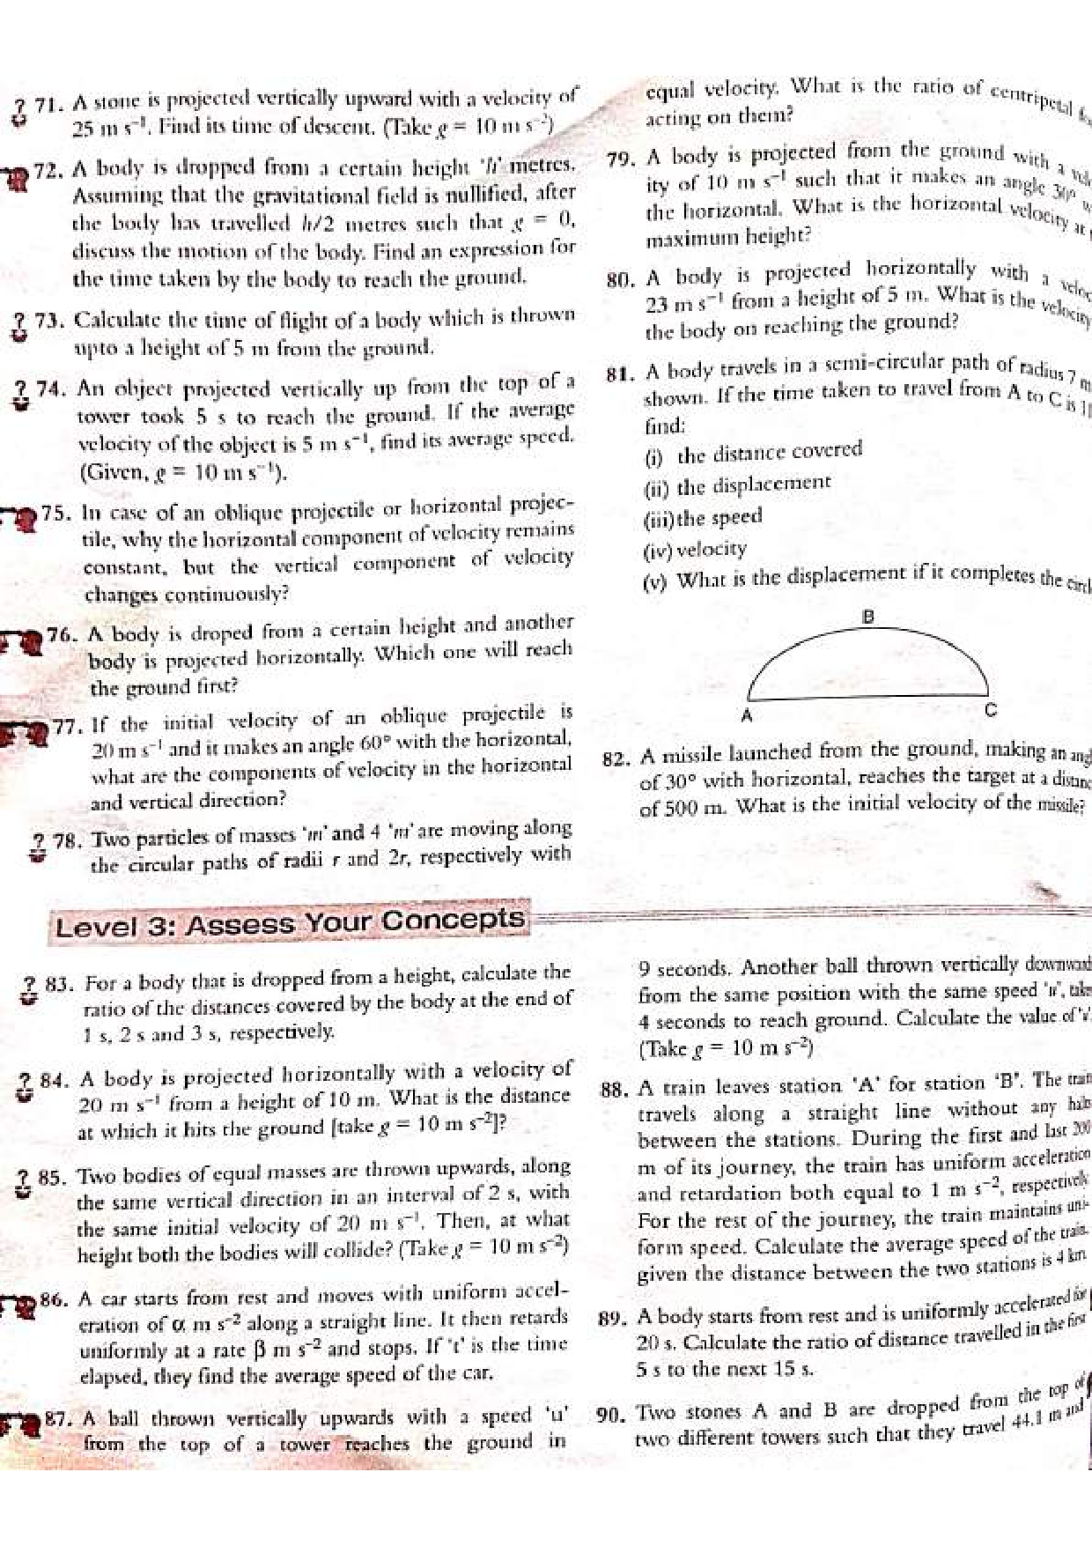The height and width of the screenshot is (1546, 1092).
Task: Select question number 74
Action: pyautogui.click(x=54, y=388)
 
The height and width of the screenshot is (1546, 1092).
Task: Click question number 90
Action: pyautogui.click(x=611, y=1416)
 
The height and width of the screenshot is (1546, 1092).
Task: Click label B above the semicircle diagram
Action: pyautogui.click(x=867, y=618)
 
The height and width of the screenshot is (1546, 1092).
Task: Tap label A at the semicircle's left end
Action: pyautogui.click(x=747, y=715)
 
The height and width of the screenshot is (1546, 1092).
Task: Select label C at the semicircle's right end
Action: pyautogui.click(x=990, y=710)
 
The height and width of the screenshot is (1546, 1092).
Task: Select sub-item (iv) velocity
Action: pyautogui.click(x=697, y=551)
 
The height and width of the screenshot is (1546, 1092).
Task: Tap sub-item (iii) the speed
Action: pyautogui.click(x=704, y=517)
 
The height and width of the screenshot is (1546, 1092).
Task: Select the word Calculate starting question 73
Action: pyautogui.click(x=117, y=319)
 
